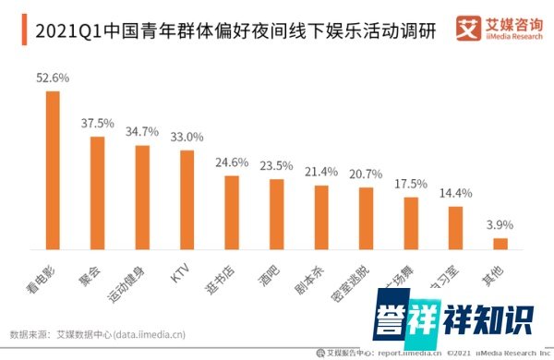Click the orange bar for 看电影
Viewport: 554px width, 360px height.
coord(52,170)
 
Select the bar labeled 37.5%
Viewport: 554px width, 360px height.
coord(97,193)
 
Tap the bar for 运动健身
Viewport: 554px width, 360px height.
coord(142,198)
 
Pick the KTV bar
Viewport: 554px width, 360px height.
coord(187,199)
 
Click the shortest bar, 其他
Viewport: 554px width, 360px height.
coord(500,244)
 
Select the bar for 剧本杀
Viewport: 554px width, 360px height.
coord(321,217)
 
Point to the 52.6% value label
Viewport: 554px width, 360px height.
coord(53,78)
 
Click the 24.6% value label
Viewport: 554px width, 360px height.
coord(232,162)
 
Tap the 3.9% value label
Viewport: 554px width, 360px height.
coord(500,225)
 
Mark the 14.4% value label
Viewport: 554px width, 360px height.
coord(455,194)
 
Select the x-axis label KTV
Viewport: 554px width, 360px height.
coord(181,270)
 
